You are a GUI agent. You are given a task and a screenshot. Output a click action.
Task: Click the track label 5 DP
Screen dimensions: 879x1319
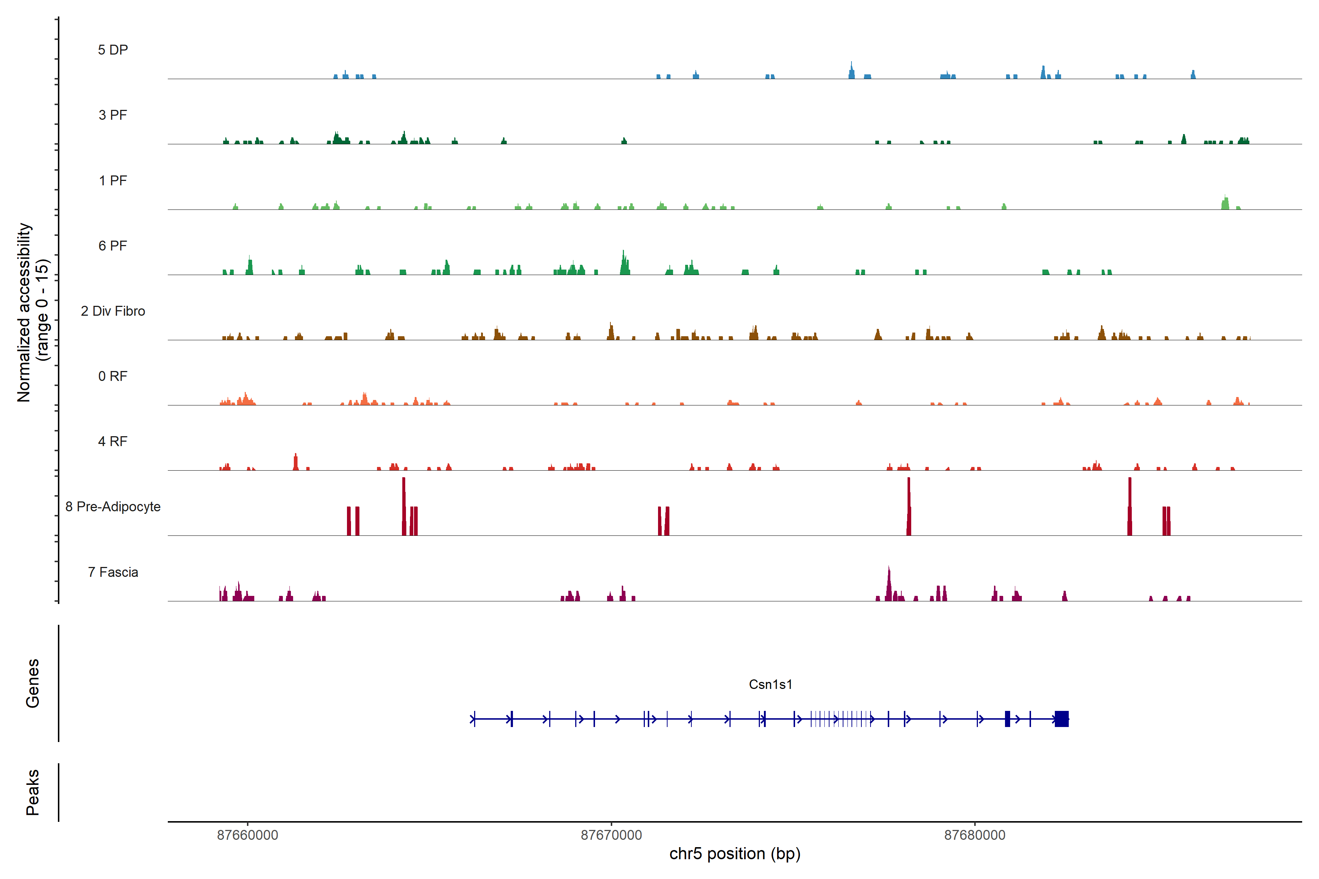pos(113,50)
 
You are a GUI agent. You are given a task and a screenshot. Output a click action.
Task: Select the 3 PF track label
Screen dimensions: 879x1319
pos(113,115)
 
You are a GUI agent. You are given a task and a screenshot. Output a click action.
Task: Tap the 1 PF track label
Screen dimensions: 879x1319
pos(113,181)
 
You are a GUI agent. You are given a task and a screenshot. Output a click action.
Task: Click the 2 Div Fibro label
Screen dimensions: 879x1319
pos(113,311)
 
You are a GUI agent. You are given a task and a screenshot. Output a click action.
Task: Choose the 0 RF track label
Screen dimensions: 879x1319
pos(113,376)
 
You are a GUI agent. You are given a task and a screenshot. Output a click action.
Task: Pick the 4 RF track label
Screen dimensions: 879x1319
pos(113,441)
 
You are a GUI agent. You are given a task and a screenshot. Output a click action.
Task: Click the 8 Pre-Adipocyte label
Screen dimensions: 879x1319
pos(113,507)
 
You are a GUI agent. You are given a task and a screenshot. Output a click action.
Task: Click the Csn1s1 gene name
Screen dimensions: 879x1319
pos(771,685)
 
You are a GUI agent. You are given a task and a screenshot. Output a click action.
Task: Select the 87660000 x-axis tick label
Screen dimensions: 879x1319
pos(247,835)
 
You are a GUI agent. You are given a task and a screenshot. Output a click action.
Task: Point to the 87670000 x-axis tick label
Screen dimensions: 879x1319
pos(611,835)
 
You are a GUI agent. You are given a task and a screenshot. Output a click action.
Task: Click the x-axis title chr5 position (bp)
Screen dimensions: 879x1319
pos(735,854)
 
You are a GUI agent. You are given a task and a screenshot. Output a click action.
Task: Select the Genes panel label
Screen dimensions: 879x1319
pos(33,683)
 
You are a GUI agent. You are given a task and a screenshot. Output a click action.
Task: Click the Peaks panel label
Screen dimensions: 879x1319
pos(33,792)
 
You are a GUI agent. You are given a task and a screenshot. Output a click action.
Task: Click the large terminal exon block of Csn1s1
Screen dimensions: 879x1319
pos(1061,719)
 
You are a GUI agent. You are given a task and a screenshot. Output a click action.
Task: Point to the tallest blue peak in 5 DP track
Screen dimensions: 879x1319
pos(851,70)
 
